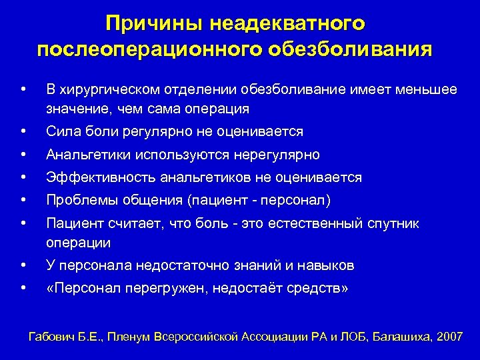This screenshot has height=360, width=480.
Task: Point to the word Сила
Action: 61,131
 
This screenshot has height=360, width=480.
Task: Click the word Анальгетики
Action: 88,155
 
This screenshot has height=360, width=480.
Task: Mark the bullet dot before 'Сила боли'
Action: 24,131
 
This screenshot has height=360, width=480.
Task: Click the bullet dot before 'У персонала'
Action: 24,265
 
